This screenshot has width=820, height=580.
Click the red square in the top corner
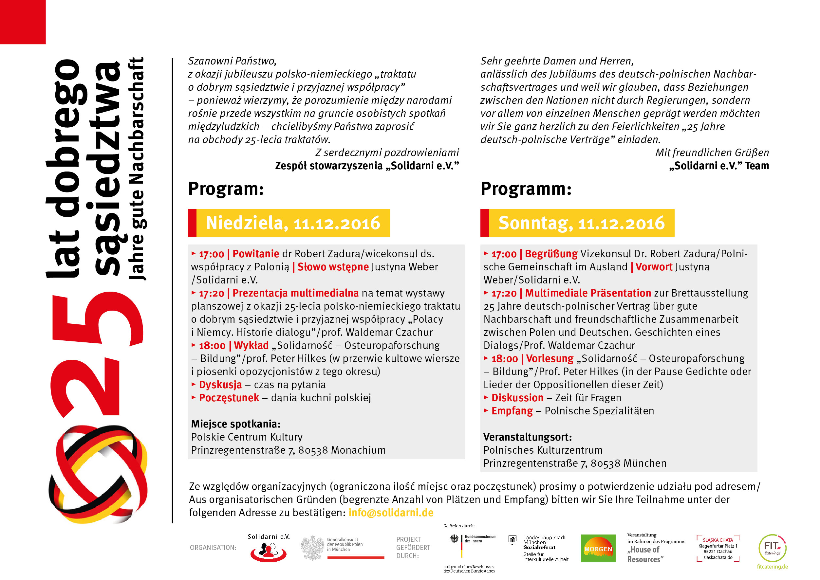point(23,22)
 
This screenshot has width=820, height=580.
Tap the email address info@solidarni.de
point(391,513)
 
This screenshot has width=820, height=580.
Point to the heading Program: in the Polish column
point(226,189)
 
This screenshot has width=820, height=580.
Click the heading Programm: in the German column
point(526,189)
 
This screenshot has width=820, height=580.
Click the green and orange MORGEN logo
point(598,548)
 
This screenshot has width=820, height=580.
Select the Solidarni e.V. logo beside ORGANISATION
point(268,550)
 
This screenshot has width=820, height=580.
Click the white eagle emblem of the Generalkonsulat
point(313,548)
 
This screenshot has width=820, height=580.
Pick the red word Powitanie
point(255,254)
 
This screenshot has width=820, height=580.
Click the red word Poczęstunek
point(229,398)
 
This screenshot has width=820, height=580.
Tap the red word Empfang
point(512,411)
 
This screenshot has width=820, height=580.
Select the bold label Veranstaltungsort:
point(527,437)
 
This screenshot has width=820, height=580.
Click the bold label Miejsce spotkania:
point(235,424)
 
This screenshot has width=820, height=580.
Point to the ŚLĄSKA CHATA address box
point(717,549)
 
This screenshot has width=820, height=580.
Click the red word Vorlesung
point(550,358)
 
